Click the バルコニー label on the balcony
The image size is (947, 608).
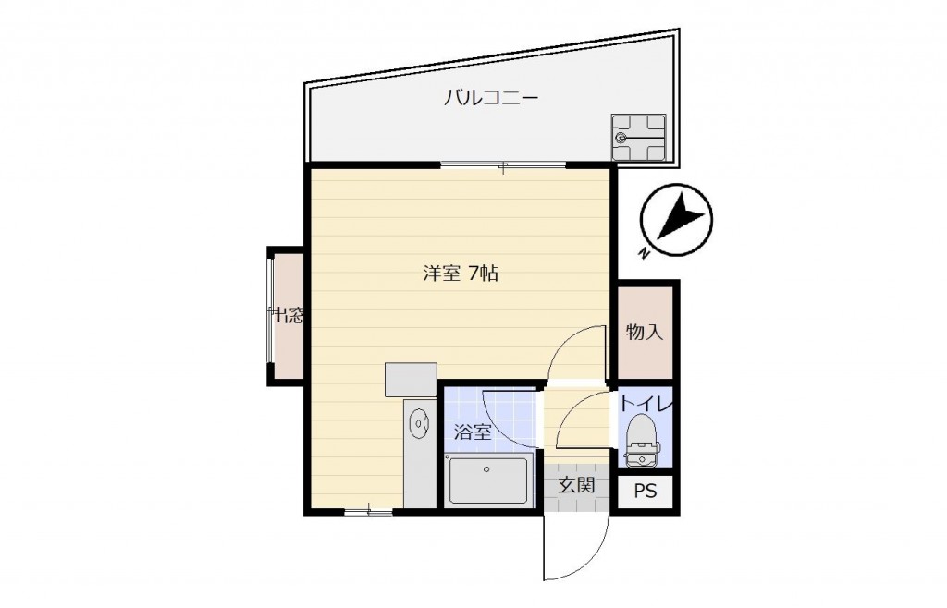click(490, 98)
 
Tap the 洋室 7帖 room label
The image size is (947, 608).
click(461, 274)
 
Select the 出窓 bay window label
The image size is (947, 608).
click(289, 315)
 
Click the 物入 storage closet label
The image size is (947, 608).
click(645, 332)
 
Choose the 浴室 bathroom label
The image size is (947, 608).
click(473, 432)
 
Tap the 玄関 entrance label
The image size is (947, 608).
click(576, 485)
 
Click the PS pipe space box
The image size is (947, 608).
click(645, 492)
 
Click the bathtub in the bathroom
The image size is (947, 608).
click(488, 480)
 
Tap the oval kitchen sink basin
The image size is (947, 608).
click(419, 425)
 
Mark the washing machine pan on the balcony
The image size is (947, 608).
click(638, 137)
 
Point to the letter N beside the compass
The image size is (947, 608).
click(645, 253)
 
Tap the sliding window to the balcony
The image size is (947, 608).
click(502, 165)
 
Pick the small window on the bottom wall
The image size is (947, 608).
click(368, 512)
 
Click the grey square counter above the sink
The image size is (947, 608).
click(411, 380)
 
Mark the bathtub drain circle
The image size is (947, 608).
click(486, 468)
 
